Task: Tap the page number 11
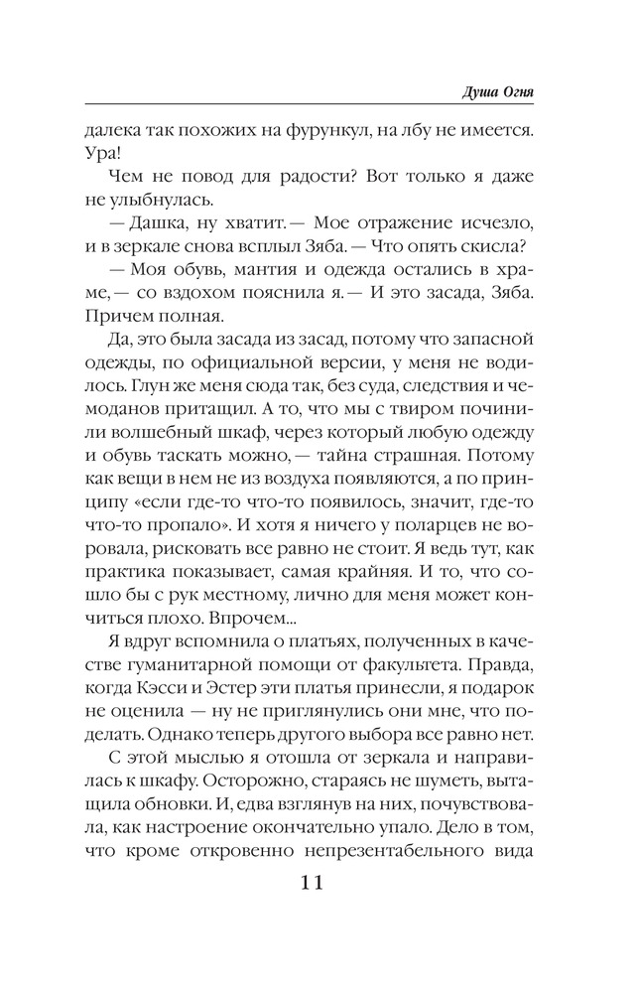[319, 881]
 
